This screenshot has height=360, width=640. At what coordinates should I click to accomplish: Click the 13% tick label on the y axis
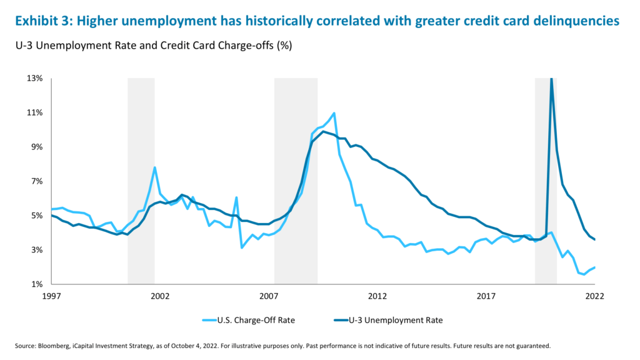click(x=34, y=78)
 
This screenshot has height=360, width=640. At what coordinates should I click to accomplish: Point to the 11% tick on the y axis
click(x=34, y=112)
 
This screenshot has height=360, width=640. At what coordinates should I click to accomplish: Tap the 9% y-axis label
click(x=36, y=147)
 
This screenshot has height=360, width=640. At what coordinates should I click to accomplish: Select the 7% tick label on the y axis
click(x=36, y=181)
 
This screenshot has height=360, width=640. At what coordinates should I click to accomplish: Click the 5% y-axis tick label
click(x=36, y=216)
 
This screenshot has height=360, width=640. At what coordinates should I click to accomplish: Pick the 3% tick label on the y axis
click(x=36, y=250)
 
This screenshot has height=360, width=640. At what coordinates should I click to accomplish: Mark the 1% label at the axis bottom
click(x=36, y=284)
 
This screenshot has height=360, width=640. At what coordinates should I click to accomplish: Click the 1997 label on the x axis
click(x=51, y=296)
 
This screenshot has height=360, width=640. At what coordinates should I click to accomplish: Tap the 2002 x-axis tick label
click(x=160, y=296)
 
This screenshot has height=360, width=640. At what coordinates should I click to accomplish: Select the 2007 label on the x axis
click(x=269, y=296)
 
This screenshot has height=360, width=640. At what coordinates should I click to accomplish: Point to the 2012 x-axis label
click(x=377, y=296)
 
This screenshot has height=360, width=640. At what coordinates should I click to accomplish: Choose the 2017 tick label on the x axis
click(x=486, y=296)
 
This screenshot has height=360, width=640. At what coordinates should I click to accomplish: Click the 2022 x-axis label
click(x=594, y=296)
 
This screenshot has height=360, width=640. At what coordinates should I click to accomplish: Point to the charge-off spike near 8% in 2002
click(x=154, y=167)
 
